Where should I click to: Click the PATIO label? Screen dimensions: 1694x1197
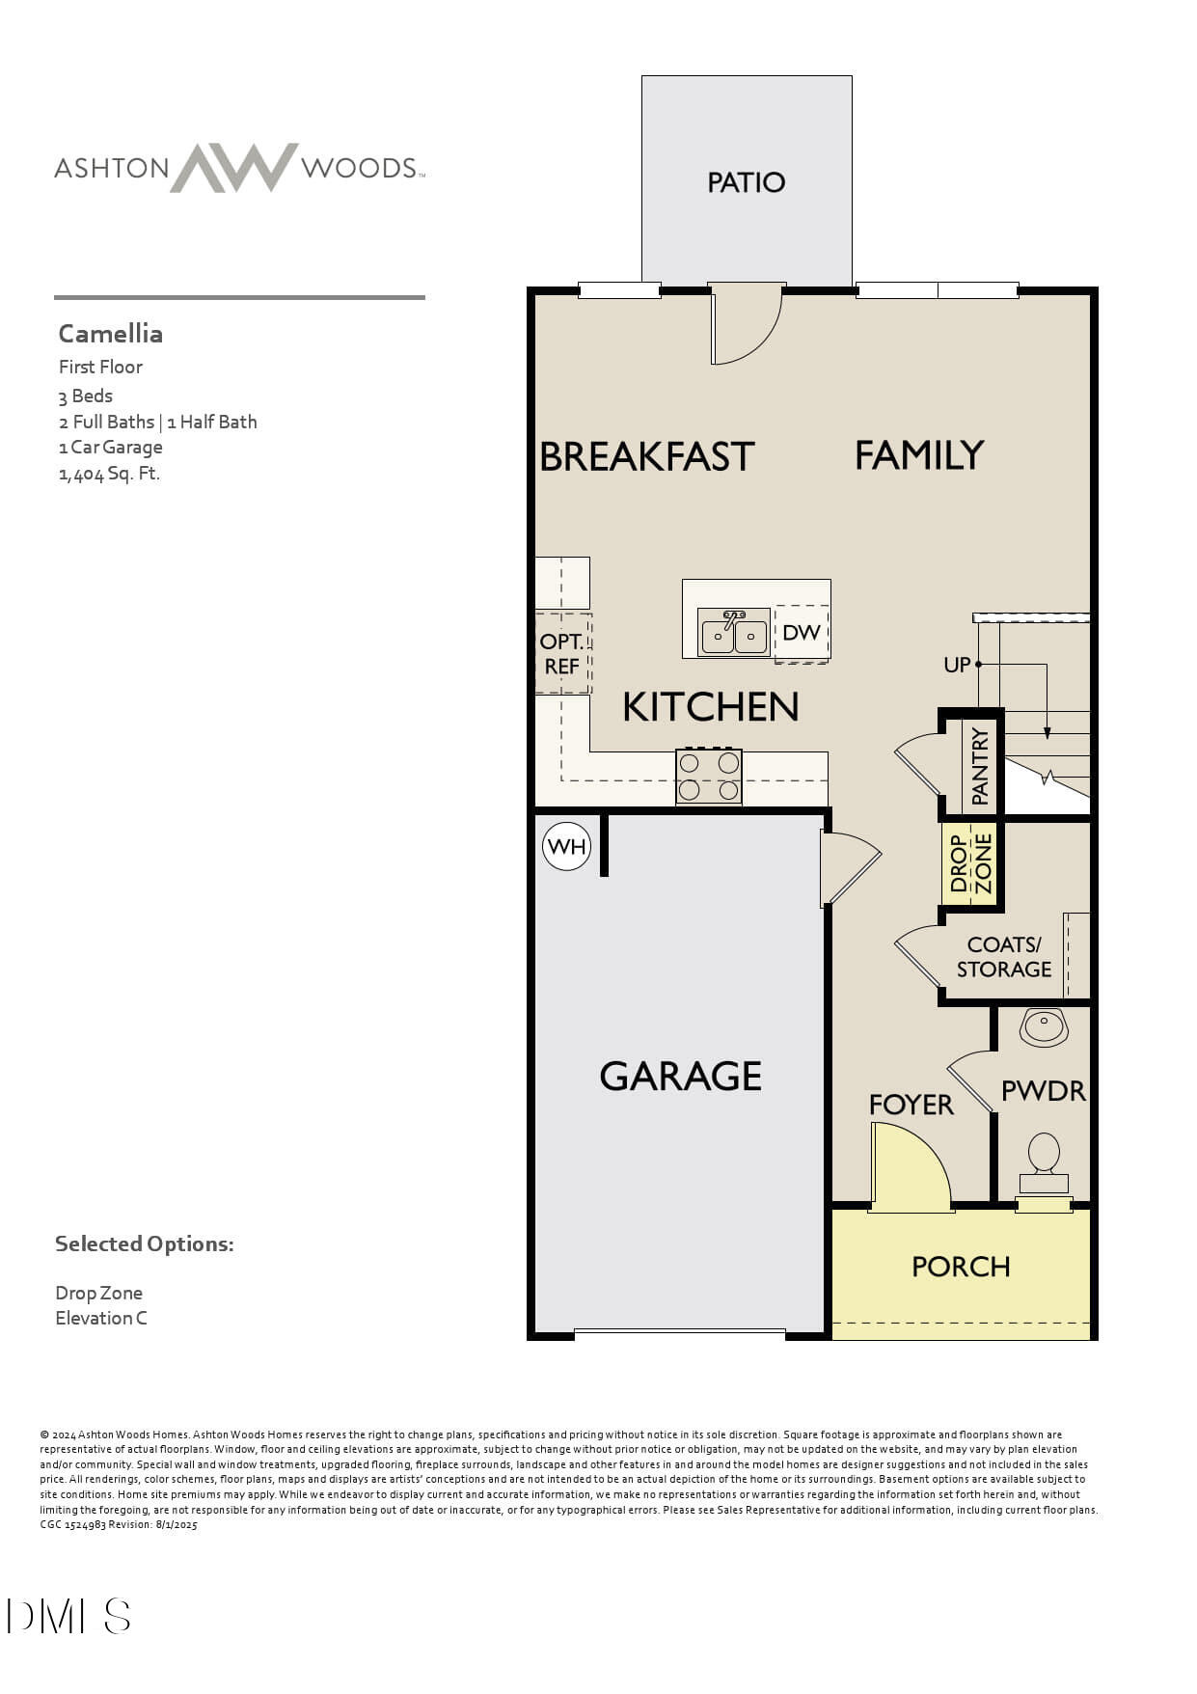coord(746,182)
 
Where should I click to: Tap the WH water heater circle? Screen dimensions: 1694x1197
coord(566,847)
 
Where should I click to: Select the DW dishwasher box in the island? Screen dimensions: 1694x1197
coord(802,633)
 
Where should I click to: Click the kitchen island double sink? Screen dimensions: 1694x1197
coord(734,634)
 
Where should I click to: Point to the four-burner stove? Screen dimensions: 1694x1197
coord(709,777)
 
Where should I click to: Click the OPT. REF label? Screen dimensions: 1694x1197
coord(561,654)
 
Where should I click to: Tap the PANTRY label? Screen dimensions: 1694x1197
coord(980,766)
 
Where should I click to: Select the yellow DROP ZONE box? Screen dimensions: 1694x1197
coord(970,863)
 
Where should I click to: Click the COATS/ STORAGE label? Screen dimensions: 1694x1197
coord(1003,957)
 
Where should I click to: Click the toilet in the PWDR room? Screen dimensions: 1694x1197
coord(1044,1162)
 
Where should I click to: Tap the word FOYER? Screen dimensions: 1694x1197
coord(911,1105)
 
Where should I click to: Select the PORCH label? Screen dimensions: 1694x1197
coord(961,1267)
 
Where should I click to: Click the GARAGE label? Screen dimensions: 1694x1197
coord(680,1076)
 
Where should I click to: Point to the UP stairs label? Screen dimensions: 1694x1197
coord(957,665)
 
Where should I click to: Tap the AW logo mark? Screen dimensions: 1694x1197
coord(234,168)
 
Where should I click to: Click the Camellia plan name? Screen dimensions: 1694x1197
coord(110,334)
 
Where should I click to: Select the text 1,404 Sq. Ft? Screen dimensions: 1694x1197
coord(109,474)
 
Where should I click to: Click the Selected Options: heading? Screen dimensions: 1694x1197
coord(144,1243)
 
